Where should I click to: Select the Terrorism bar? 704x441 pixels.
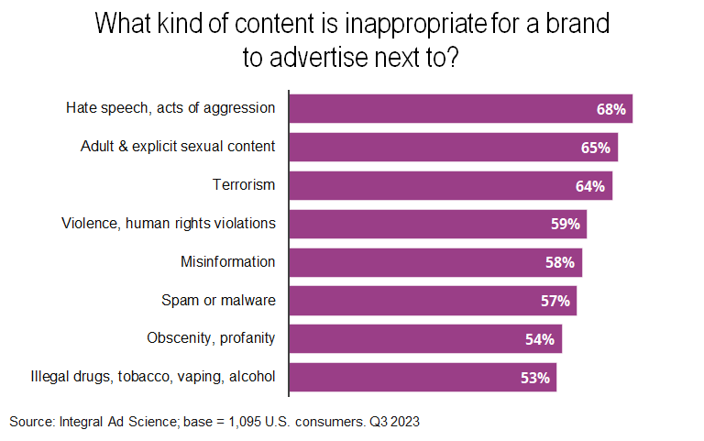(x=450, y=185)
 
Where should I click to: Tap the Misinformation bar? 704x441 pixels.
(x=435, y=262)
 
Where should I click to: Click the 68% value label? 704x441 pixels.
(x=610, y=109)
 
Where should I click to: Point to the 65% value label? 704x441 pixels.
(x=596, y=148)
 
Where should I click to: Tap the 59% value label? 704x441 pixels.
(x=566, y=224)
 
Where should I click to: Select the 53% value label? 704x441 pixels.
(x=535, y=378)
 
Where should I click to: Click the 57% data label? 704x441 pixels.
(x=555, y=301)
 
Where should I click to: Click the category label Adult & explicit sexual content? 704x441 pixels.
(x=178, y=146)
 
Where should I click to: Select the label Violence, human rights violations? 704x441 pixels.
(x=168, y=223)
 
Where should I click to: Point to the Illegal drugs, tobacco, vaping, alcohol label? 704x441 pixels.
(x=152, y=376)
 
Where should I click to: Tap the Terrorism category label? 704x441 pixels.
(x=244, y=184)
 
